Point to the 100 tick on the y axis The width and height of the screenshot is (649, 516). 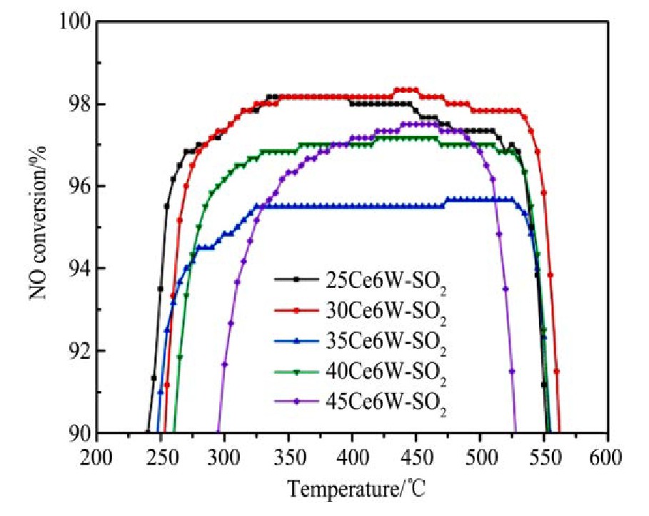[x=74, y=22]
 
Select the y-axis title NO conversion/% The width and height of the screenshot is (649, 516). [x=36, y=228]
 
